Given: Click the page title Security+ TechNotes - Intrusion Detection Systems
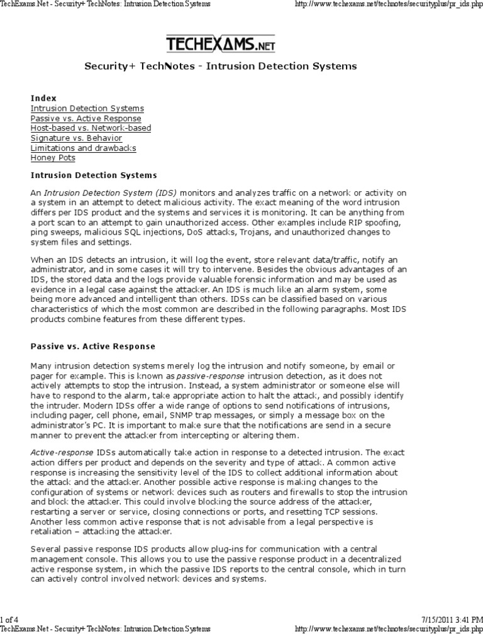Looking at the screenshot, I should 220,66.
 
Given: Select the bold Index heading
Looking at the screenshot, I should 43,98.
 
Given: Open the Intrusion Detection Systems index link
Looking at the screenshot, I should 78,108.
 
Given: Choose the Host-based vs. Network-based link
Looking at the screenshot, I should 91,128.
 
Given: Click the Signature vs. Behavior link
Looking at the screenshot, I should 76,138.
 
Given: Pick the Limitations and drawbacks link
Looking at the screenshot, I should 83,148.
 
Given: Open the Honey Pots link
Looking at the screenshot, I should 53,158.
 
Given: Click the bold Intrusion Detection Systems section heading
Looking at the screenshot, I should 94,175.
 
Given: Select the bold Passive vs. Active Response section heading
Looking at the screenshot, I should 92,347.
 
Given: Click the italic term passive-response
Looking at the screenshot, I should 205,375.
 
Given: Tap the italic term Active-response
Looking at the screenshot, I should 62,453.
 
